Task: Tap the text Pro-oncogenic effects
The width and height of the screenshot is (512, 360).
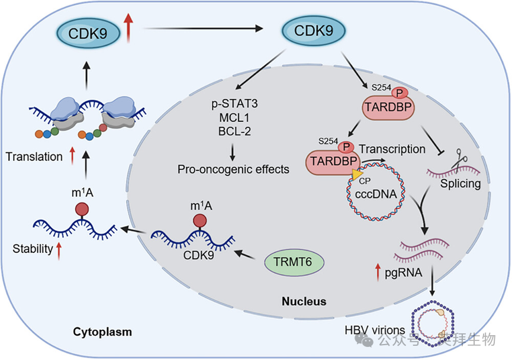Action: click(x=233, y=169)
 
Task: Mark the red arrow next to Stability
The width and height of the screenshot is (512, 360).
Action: click(x=59, y=250)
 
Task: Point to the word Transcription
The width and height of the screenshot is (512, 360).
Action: click(x=392, y=149)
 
